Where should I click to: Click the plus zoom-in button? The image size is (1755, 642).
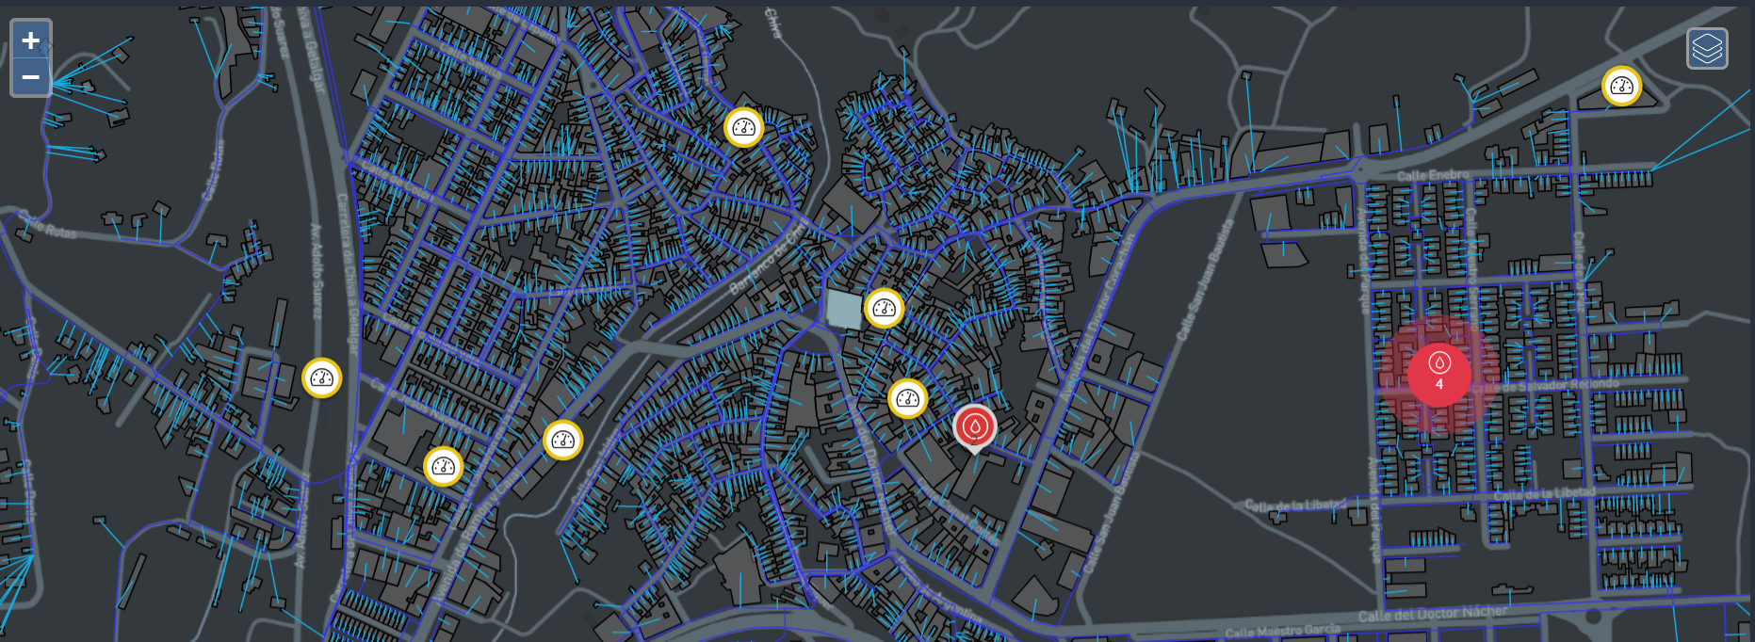pyautogui.click(x=31, y=40)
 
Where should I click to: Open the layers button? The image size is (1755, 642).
pyautogui.click(x=1707, y=48)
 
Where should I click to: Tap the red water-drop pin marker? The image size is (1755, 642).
pyautogui.click(x=974, y=427)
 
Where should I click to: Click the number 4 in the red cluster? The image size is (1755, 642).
pyautogui.click(x=1439, y=384)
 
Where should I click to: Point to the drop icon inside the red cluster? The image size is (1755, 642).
pyautogui.click(x=1439, y=362)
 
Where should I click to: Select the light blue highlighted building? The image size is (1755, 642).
pyautogui.click(x=843, y=309)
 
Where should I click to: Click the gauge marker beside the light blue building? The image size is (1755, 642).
pyautogui.click(x=884, y=308)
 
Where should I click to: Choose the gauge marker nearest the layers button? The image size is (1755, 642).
pyautogui.click(x=1621, y=87)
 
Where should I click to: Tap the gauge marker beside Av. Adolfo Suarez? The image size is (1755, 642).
pyautogui.click(x=322, y=377)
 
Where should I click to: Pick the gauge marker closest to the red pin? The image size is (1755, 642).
pyautogui.click(x=907, y=398)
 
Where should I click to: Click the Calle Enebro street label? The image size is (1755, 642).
pyautogui.click(x=1432, y=175)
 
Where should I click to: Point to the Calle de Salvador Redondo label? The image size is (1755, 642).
pyautogui.click(x=1545, y=385)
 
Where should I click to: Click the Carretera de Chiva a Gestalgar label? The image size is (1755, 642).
pyautogui.click(x=346, y=273)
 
